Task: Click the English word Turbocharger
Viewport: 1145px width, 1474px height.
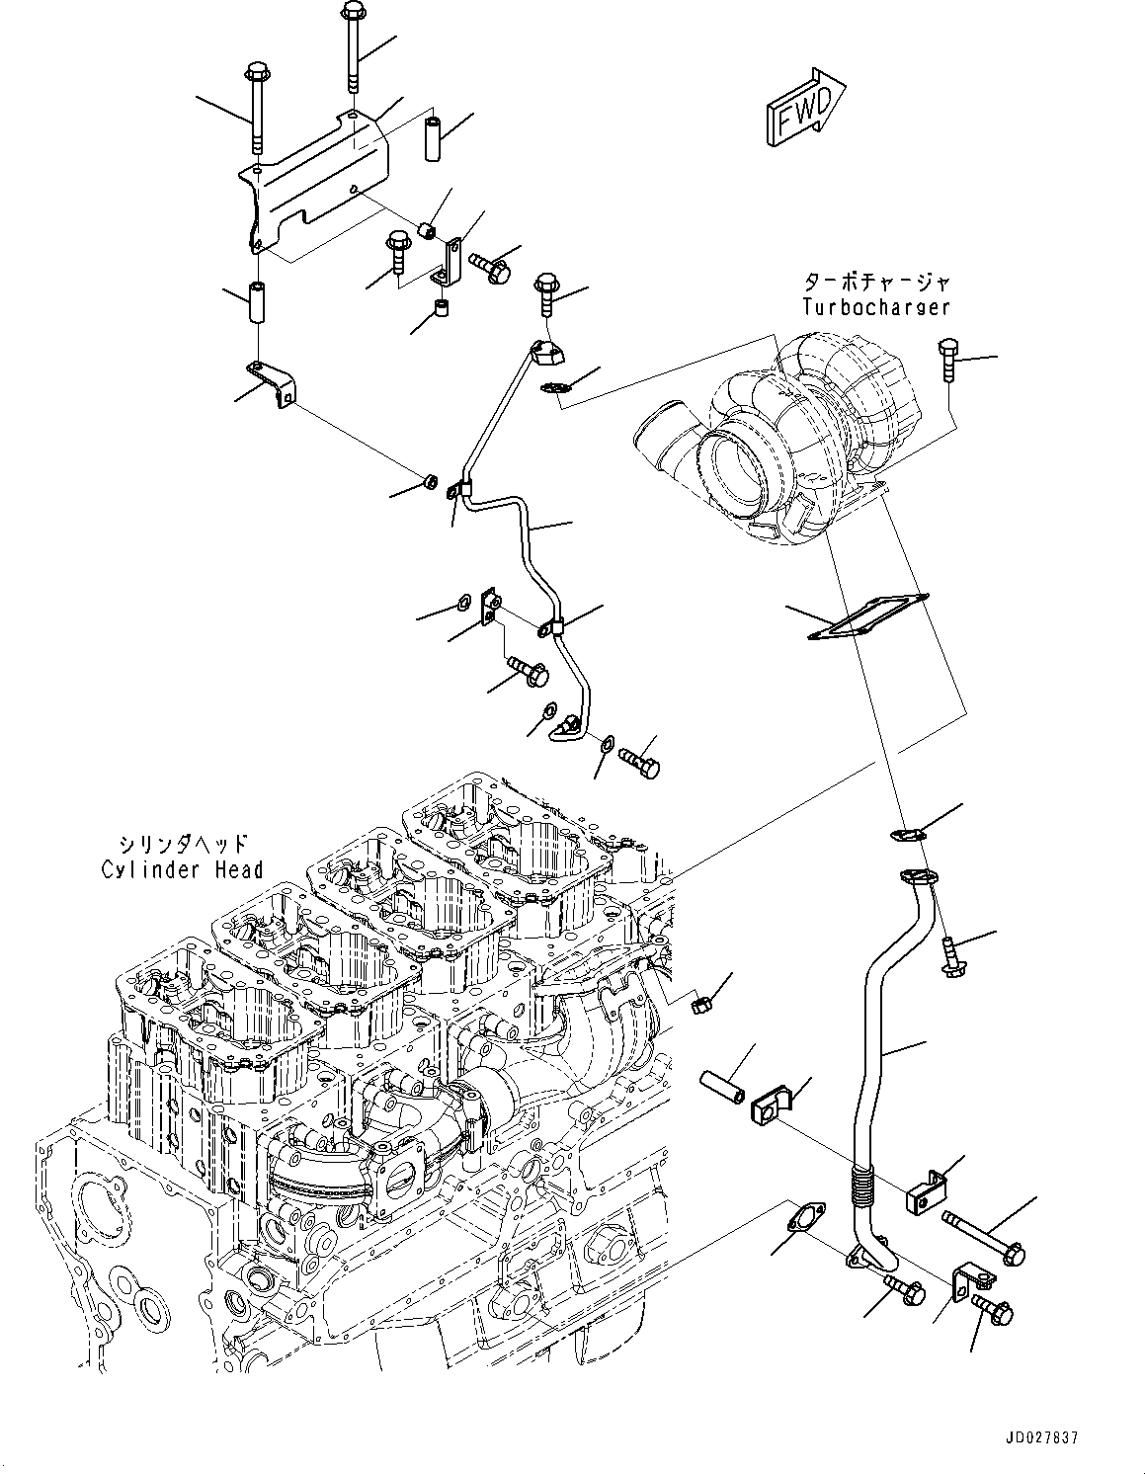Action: click(876, 307)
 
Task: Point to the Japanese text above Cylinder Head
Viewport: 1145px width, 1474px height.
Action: click(182, 844)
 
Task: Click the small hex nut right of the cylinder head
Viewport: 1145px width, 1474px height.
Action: click(699, 1006)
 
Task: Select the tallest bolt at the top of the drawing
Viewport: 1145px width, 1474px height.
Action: click(352, 46)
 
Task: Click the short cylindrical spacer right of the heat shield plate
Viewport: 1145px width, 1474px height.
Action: click(433, 139)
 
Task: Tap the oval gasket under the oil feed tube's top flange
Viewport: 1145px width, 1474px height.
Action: click(555, 388)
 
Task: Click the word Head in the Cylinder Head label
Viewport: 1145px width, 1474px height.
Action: click(239, 869)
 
